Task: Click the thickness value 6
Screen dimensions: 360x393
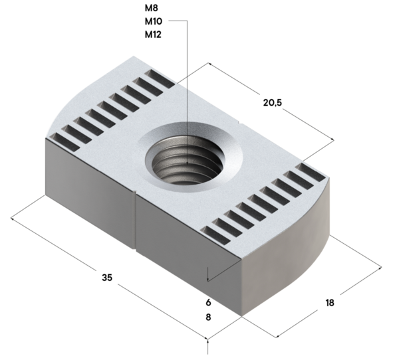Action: (x=208, y=301)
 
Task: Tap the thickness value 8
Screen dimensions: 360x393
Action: (x=208, y=317)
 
